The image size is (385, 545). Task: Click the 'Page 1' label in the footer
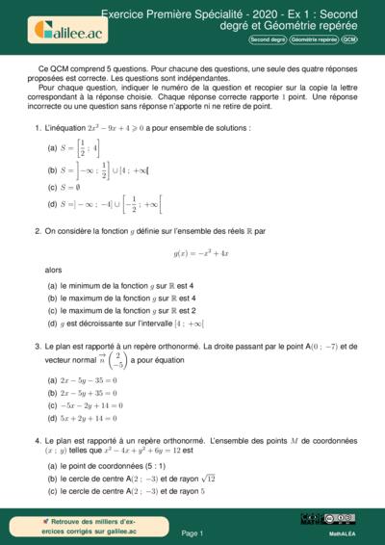[x=192, y=532]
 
